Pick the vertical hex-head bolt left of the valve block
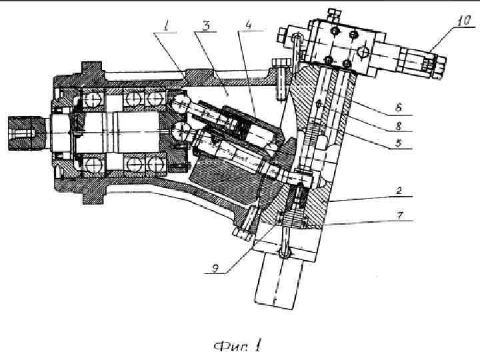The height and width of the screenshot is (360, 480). tap(282, 77)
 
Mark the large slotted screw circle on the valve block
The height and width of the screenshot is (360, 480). tap(363, 51)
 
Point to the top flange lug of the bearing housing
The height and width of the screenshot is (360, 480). tap(90, 69)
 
